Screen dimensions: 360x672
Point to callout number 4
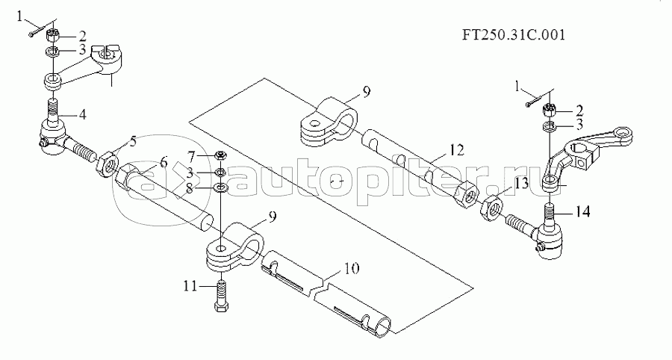click(x=83, y=114)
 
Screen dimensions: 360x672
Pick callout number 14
click(x=582, y=212)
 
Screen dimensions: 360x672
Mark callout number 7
click(x=192, y=155)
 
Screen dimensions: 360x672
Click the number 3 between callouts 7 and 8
click(x=192, y=173)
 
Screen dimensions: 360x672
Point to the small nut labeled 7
click(x=220, y=156)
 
